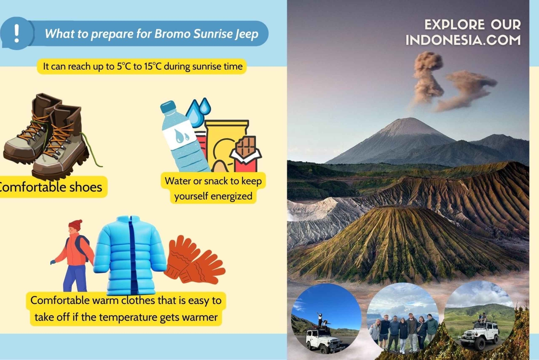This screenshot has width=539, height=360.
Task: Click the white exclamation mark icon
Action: tap(17, 33)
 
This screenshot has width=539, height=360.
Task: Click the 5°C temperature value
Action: tap(123, 66)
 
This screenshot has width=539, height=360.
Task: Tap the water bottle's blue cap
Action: tap(168, 107)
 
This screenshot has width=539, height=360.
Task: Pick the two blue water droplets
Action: tap(198, 112)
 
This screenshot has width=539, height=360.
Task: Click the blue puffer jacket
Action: tap(130, 255)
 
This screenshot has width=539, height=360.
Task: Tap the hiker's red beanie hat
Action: tap(75, 225)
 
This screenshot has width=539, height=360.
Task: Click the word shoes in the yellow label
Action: tap(86, 187)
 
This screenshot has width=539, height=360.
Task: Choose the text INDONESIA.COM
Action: tap(463, 40)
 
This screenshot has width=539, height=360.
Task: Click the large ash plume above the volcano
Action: tap(450, 82)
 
